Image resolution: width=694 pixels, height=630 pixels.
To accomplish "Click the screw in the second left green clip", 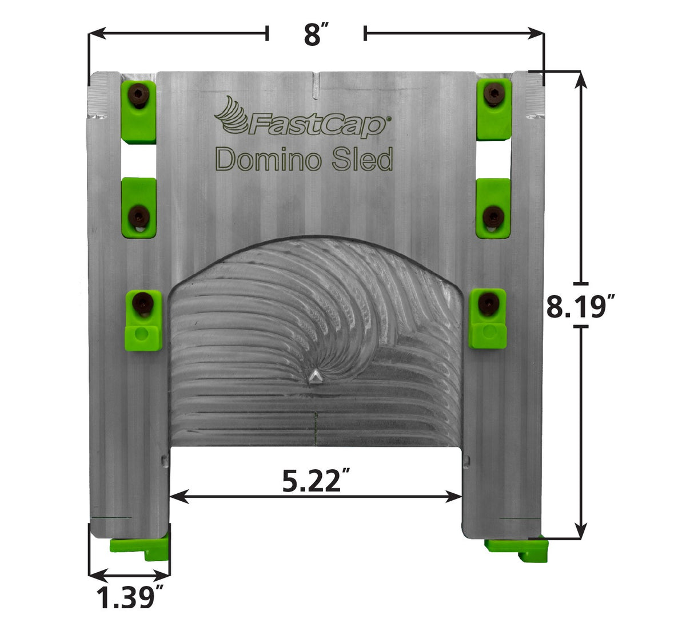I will (138, 217).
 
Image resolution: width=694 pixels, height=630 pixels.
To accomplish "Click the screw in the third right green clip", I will (488, 303).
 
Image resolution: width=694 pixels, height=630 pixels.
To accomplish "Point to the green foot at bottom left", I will (141, 548).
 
